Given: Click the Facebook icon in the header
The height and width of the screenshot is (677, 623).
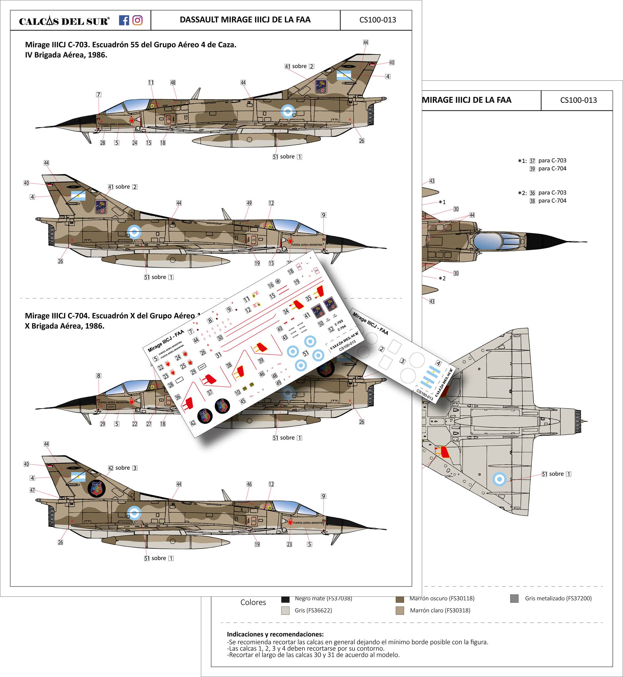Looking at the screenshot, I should [124, 20].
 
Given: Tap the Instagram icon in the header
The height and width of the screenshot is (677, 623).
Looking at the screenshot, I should [137, 20].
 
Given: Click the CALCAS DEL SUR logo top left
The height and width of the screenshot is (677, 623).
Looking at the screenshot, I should [64, 21].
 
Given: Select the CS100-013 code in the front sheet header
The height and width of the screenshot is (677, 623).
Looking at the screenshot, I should [377, 20].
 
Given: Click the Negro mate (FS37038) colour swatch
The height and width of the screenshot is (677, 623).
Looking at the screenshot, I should [285, 599].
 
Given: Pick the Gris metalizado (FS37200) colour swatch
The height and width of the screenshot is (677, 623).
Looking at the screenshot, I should [514, 598].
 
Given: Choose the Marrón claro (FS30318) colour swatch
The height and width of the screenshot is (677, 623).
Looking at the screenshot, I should [400, 611].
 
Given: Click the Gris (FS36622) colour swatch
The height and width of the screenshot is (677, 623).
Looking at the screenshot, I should [285, 611].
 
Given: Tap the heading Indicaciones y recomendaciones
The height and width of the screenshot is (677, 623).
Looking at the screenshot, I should [275, 634].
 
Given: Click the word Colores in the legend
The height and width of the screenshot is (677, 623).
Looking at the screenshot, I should [253, 603].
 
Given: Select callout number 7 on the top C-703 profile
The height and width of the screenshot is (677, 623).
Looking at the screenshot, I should [98, 95].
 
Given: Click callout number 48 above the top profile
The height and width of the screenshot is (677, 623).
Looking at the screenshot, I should [173, 83].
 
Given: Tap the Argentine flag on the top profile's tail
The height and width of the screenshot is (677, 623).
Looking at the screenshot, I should [344, 75].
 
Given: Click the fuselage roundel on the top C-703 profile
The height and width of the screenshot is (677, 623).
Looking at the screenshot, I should [288, 111].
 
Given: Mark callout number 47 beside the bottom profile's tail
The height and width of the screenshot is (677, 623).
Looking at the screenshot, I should [32, 490].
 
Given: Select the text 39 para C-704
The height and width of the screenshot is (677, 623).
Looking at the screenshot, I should [548, 169].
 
